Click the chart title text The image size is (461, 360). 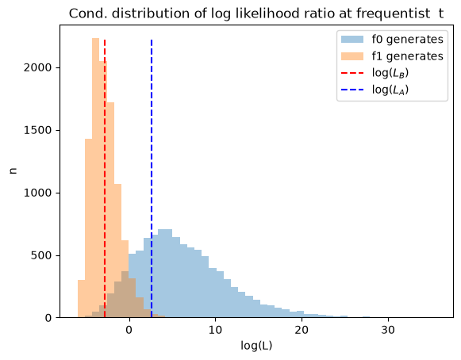tap(256, 13)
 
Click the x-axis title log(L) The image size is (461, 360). tap(256, 346)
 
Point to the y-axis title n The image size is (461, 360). tap(13, 170)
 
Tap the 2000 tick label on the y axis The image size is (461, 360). tap(37, 67)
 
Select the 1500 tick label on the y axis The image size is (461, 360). tap(37, 130)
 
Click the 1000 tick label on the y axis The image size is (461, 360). tap(37, 193)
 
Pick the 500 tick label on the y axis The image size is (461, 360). tap(41, 255)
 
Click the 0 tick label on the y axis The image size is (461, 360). tap(48, 318)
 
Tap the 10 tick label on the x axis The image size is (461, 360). tap(216, 330)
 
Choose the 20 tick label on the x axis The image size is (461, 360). tap(302, 330)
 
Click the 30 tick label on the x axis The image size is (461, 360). tap(388, 330)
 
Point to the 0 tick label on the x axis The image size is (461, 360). tap(129, 330)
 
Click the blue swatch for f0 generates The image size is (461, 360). tap(352, 39)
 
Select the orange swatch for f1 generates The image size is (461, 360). tap(352, 56)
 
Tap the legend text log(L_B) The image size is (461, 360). tap(390, 73)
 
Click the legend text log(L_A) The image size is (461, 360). tap(390, 90)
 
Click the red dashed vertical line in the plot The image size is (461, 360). tap(105, 178)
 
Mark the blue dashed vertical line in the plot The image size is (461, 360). tap(152, 178)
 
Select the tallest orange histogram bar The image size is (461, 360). tap(96, 178)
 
